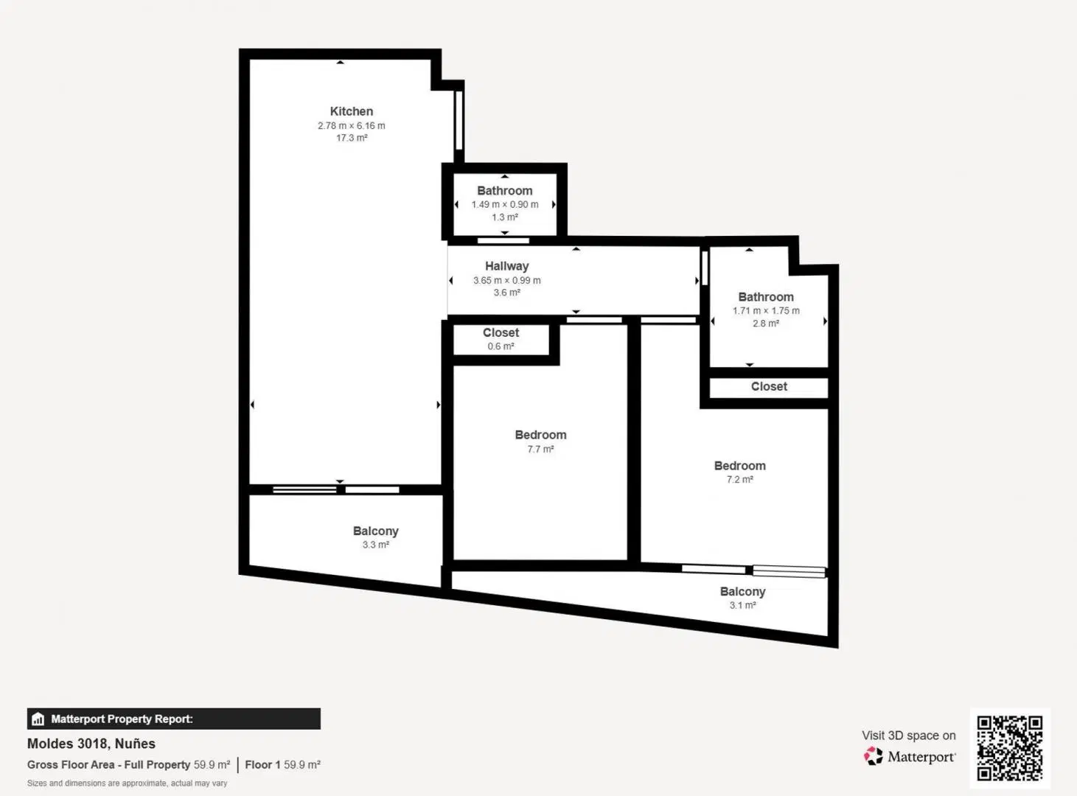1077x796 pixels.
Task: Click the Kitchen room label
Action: click(x=351, y=111)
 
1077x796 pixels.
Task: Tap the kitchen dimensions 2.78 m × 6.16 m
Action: click(x=351, y=126)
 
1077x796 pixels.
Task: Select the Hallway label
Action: click(x=506, y=266)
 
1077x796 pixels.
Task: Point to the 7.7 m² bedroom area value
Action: click(x=540, y=450)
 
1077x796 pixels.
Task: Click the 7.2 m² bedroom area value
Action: click(x=739, y=479)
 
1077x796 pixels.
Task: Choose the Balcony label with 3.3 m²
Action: click(x=375, y=531)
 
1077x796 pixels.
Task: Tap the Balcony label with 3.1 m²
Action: click(x=742, y=592)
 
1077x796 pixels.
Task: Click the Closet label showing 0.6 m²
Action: click(x=501, y=332)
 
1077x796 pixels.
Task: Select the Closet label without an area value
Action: click(x=769, y=387)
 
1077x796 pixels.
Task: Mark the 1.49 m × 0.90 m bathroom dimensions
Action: click(x=504, y=204)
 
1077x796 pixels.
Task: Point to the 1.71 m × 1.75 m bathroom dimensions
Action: click(x=766, y=311)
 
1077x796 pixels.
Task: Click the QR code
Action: click(x=1010, y=748)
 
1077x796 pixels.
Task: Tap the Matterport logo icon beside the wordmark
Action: click(x=873, y=756)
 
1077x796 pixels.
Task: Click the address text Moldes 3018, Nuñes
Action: click(x=91, y=744)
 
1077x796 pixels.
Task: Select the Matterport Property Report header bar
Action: click(x=174, y=719)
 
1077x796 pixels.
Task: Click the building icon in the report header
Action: click(x=38, y=719)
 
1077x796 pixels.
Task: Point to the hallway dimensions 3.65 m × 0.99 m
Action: click(x=506, y=280)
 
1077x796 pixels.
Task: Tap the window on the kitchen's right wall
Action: click(x=459, y=120)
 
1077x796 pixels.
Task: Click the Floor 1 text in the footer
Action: click(x=262, y=765)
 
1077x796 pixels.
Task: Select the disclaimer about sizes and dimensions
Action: click(x=128, y=783)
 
